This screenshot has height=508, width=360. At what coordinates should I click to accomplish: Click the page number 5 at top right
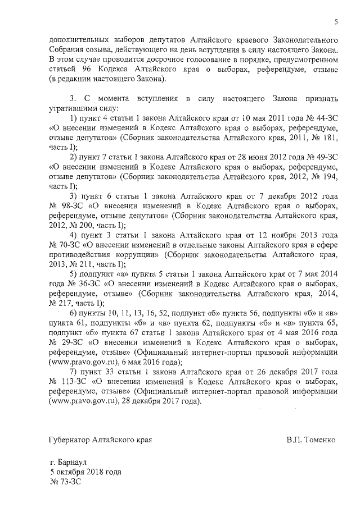336,22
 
